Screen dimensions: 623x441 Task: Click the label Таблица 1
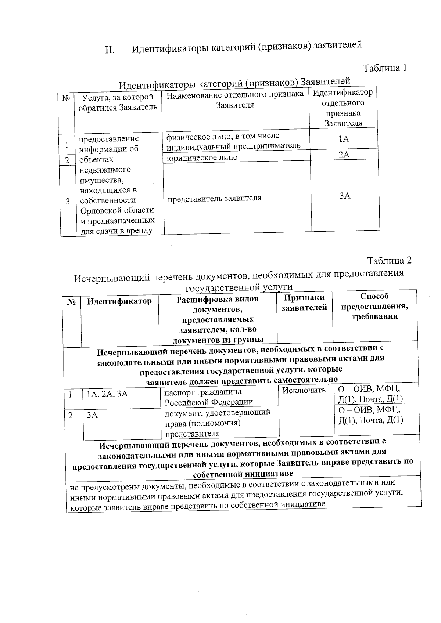[x=385, y=68]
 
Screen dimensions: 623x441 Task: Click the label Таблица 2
[x=389, y=260]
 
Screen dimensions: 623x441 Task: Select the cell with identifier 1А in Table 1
[x=344, y=139]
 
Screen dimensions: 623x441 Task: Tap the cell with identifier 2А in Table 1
[x=344, y=155]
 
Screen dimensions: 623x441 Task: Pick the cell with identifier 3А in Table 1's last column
[x=345, y=196]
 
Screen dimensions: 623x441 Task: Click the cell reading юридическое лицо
[x=202, y=157]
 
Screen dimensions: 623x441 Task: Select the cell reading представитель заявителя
[x=215, y=198]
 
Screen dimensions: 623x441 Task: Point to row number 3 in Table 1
[x=68, y=201]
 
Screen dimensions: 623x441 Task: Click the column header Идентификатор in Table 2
[x=119, y=301]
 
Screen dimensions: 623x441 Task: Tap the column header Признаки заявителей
[x=304, y=303]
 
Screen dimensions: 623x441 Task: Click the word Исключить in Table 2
[x=304, y=390]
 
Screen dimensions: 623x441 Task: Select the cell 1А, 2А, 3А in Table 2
[x=107, y=394]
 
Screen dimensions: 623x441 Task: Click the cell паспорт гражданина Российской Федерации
[x=208, y=397]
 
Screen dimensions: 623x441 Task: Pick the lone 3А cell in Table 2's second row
[x=92, y=415]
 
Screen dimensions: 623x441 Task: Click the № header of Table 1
[x=66, y=98]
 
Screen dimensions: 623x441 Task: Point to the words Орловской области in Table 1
[x=117, y=210]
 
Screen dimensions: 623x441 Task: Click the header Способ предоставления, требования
[x=374, y=306]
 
